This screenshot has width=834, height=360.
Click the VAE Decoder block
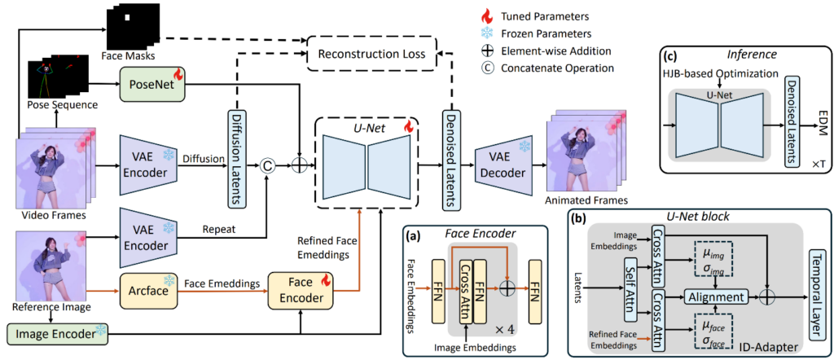494,169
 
